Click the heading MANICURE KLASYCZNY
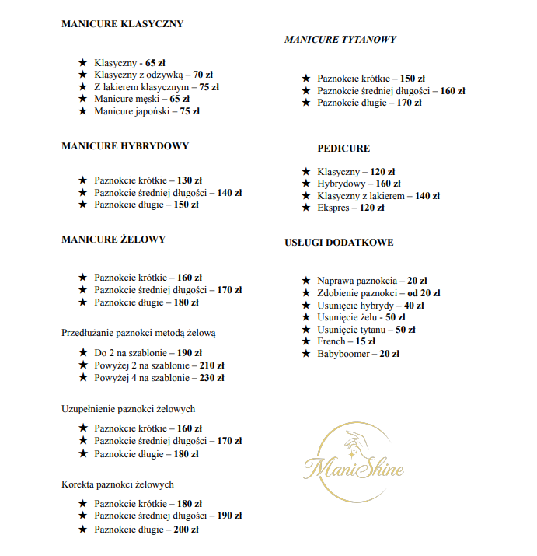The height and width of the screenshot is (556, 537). (122, 24)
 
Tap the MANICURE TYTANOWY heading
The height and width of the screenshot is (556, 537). (340, 40)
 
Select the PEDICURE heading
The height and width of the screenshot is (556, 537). (343, 149)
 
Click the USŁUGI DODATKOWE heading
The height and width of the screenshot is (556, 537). (339, 243)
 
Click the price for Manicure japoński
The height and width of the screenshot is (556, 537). (190, 111)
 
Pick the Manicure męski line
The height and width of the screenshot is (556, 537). (141, 99)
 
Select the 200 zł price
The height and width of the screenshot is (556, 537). (186, 530)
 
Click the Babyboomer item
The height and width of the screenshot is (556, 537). (358, 354)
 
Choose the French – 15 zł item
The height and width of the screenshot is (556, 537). (346, 341)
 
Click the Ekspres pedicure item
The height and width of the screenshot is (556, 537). (350, 208)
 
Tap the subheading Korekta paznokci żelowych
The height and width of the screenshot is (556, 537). (117, 484)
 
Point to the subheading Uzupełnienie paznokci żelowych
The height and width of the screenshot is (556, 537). (128, 409)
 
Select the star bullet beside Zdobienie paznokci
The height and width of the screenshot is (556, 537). (306, 292)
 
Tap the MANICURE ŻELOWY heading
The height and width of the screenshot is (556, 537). (113, 240)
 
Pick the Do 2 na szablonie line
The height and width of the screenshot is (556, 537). (148, 353)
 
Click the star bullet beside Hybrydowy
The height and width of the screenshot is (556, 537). (306, 184)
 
